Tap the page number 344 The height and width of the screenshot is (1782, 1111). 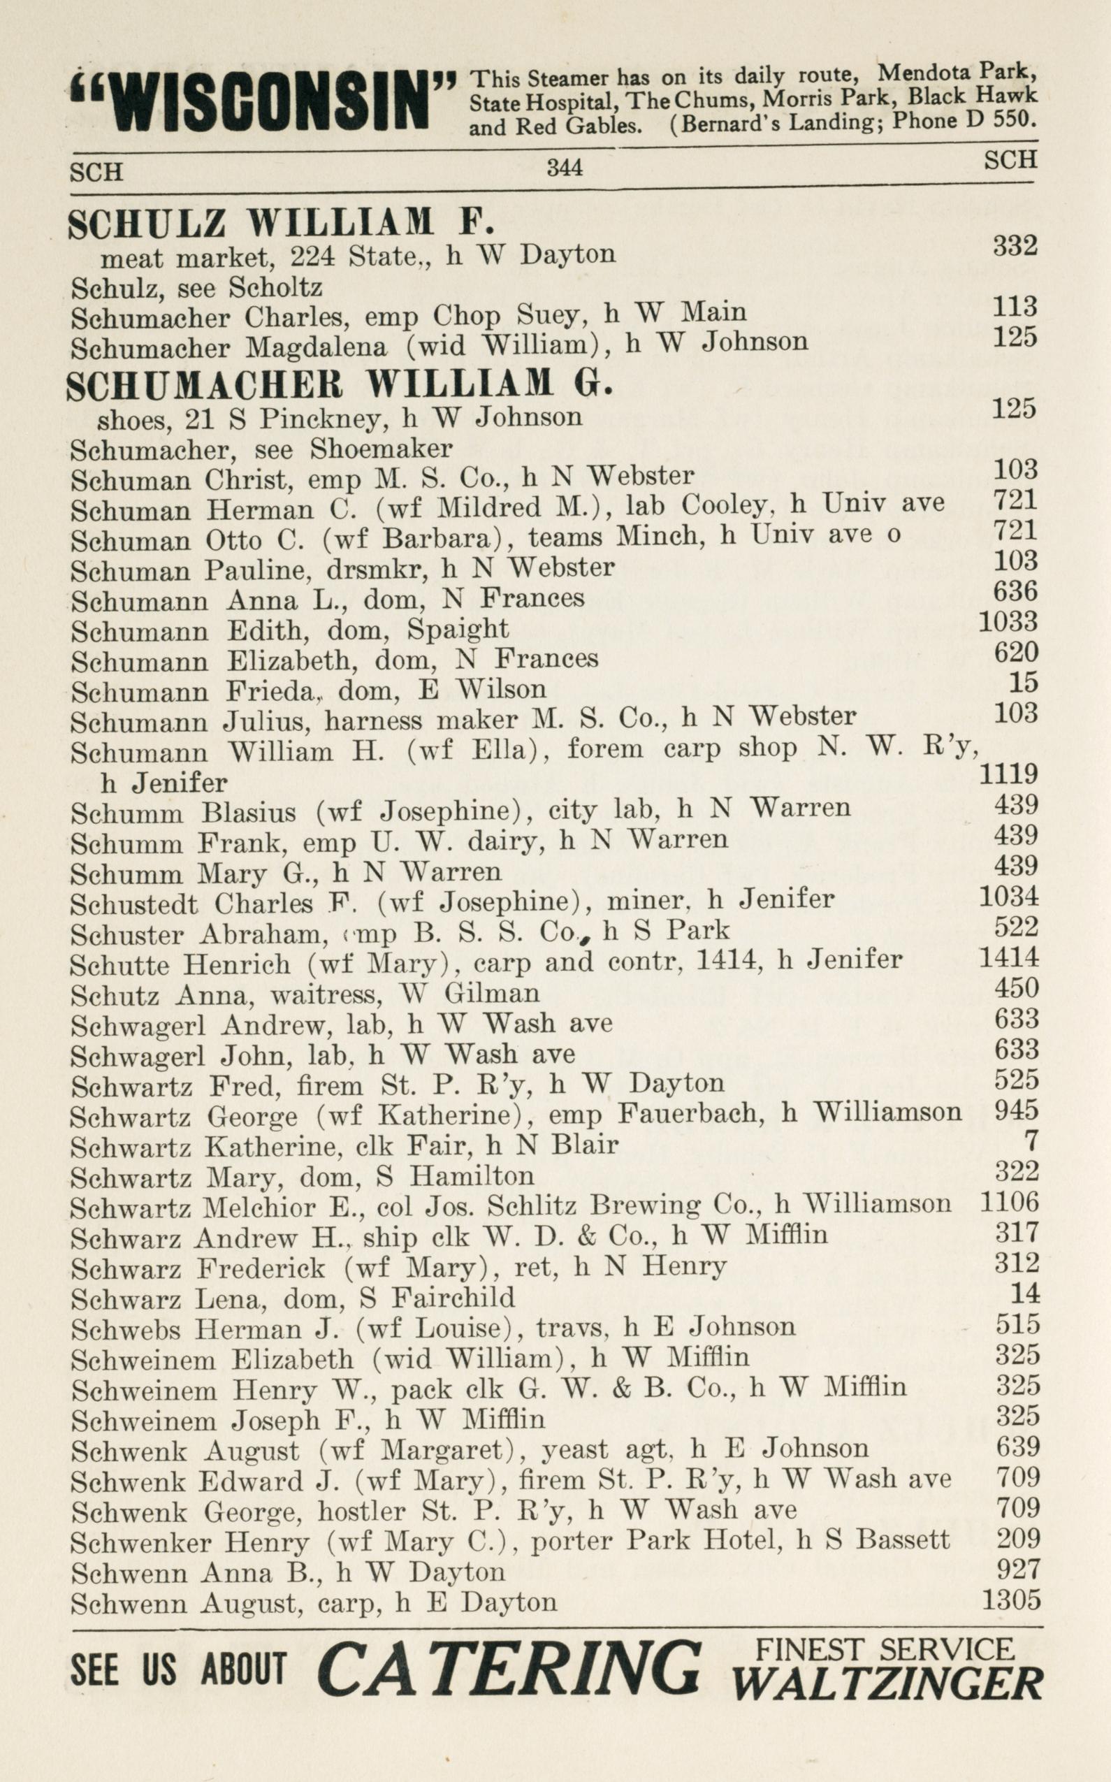[565, 168]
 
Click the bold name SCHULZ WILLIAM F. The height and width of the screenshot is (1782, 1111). [279, 224]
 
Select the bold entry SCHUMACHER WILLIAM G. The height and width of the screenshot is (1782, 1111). [340, 384]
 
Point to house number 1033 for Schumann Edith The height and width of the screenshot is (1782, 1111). [1008, 622]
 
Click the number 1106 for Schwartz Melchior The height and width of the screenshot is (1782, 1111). [1010, 1202]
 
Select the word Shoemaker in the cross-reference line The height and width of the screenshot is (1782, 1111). [381, 447]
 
